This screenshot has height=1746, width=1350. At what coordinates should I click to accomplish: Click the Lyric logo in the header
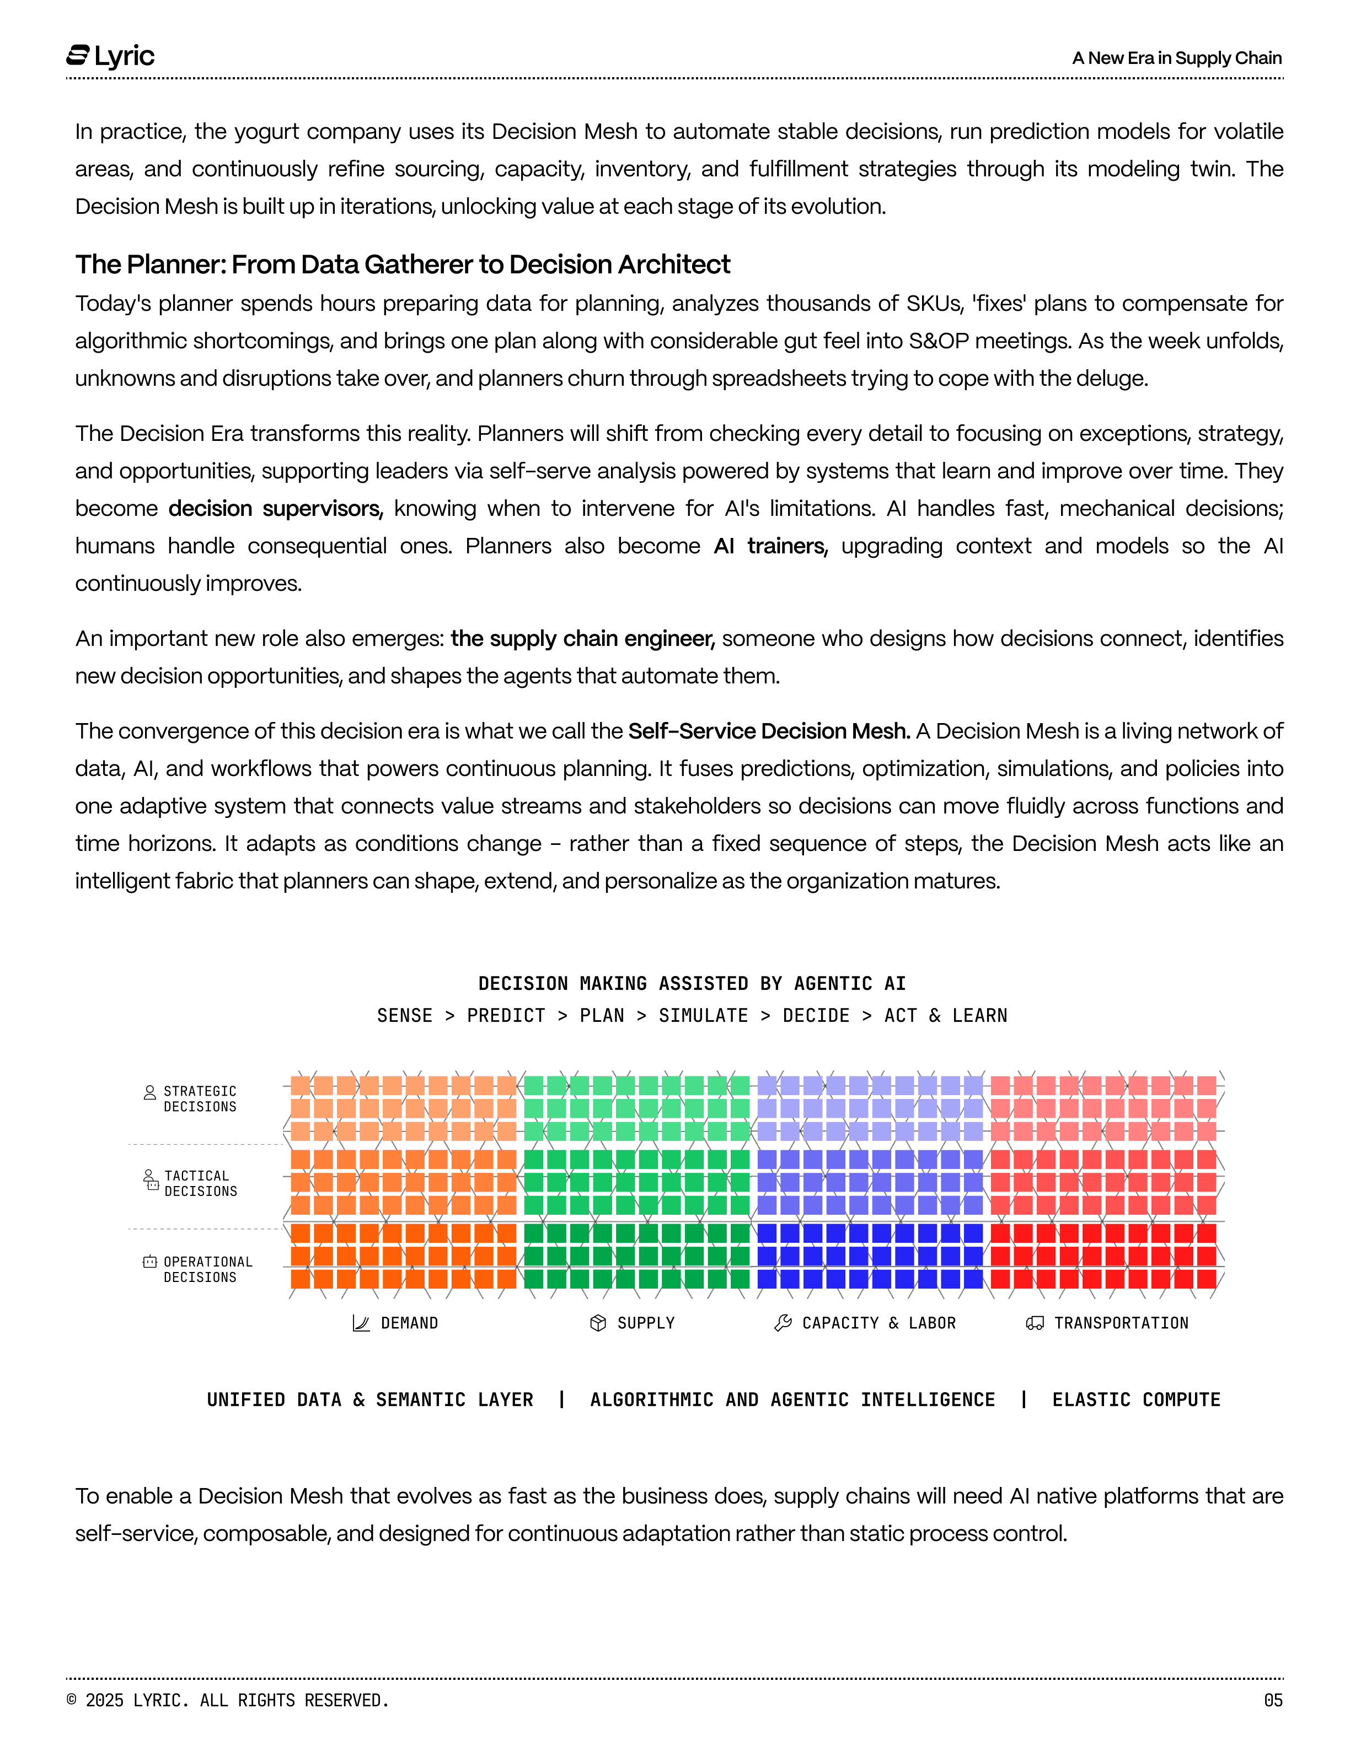[110, 56]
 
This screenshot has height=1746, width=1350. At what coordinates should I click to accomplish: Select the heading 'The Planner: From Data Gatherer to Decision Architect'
[402, 265]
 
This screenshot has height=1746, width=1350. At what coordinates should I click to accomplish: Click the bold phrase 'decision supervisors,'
[276, 509]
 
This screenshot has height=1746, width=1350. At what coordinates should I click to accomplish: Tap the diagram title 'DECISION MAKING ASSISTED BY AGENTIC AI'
[692, 983]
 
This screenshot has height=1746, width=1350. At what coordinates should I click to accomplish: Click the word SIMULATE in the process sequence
[703, 1015]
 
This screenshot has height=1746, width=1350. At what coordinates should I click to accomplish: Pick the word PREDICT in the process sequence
[506, 1015]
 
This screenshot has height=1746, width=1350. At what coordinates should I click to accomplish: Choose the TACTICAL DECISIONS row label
[200, 1183]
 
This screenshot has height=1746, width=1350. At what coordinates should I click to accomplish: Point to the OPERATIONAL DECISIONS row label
[207, 1269]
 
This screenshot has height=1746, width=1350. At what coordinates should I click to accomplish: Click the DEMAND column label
[409, 1323]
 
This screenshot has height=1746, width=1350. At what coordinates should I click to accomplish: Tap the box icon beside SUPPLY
[597, 1323]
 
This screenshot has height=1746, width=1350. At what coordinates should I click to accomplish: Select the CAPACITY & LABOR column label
[878, 1323]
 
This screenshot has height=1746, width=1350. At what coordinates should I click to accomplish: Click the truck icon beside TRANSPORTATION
[1034, 1323]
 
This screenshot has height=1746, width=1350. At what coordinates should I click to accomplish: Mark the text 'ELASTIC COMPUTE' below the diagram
[1135, 1400]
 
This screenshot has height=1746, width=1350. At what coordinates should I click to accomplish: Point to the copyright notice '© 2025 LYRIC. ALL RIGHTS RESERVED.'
[228, 1700]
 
